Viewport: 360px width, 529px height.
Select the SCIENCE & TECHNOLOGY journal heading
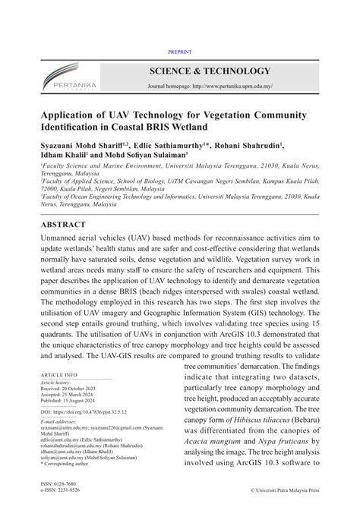click(209, 71)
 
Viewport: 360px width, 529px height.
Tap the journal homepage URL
click(209, 87)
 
